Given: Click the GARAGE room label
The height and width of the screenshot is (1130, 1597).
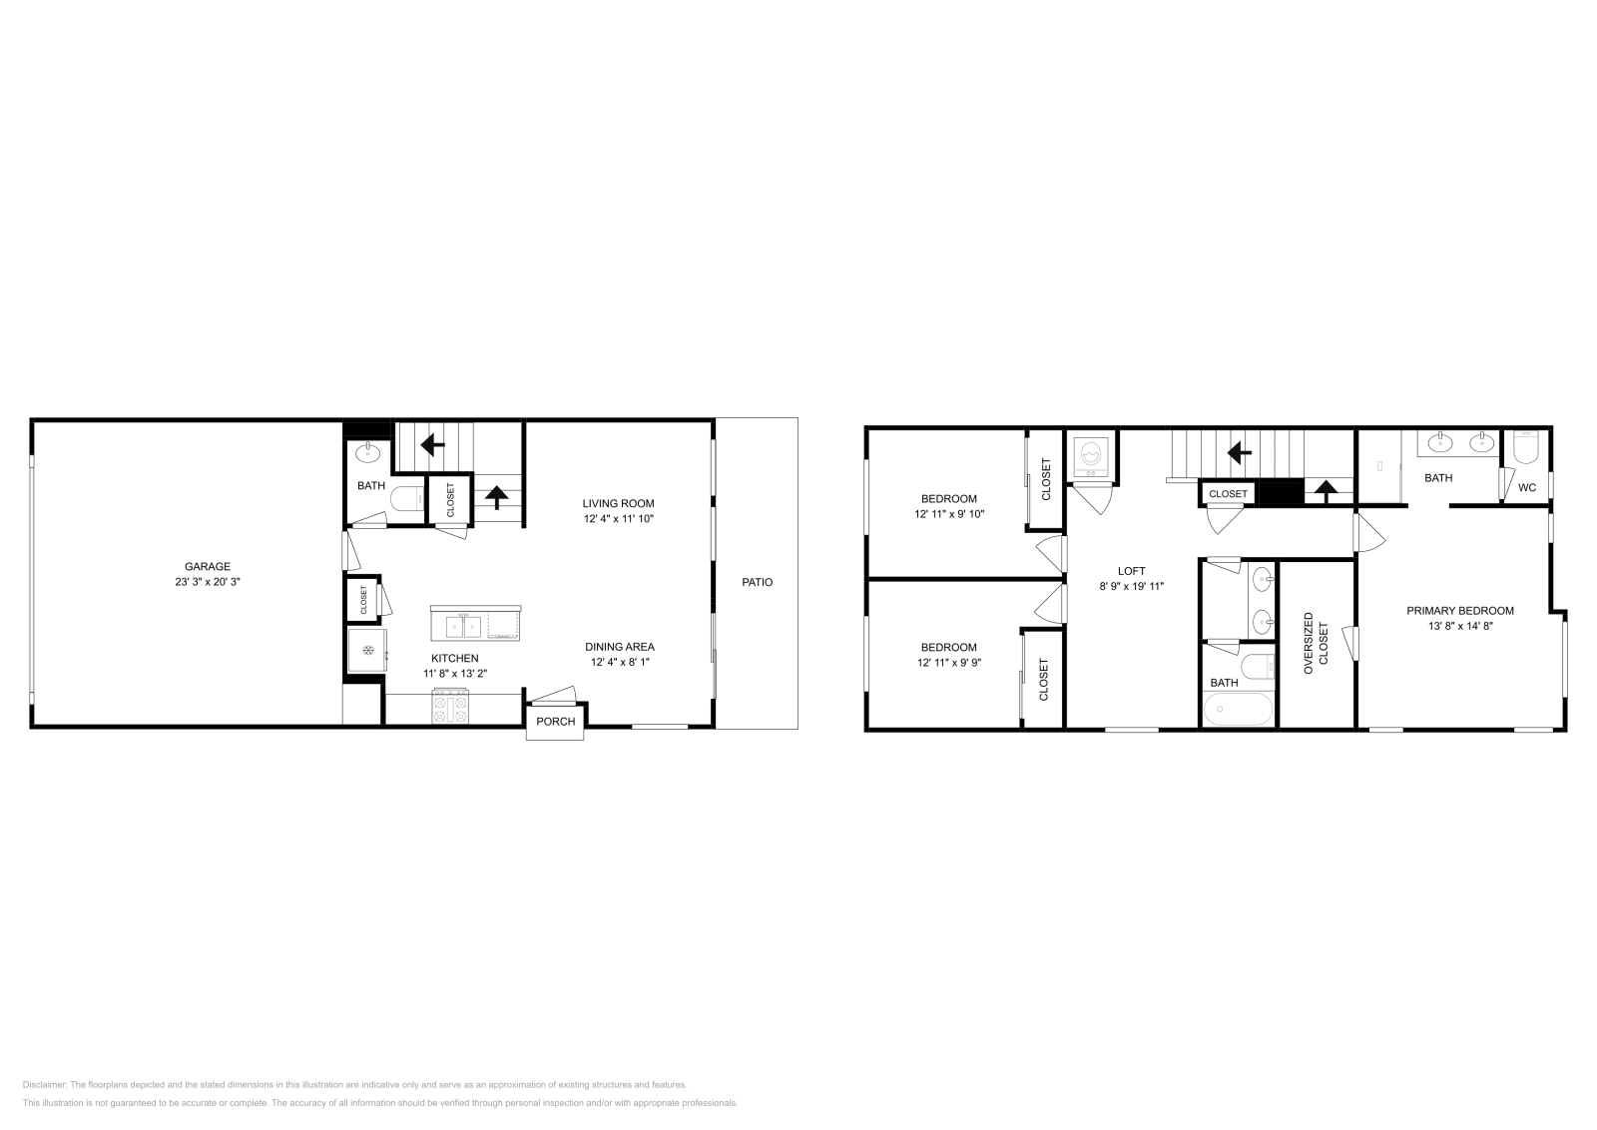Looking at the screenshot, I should pyautogui.click(x=207, y=566).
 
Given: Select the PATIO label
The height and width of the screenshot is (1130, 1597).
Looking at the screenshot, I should pyautogui.click(x=757, y=582).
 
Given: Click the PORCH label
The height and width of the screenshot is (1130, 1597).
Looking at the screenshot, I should pyautogui.click(x=556, y=722).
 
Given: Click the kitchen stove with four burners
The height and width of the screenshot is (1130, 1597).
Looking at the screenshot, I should pyautogui.click(x=449, y=709).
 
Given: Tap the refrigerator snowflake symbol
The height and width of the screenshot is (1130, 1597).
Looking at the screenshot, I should pyautogui.click(x=367, y=651).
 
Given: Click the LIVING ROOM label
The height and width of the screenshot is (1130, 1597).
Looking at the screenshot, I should pyautogui.click(x=619, y=503).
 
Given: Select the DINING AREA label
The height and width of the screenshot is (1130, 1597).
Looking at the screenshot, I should pyautogui.click(x=619, y=647).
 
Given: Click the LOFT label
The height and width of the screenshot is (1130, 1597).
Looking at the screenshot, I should pyautogui.click(x=1131, y=572).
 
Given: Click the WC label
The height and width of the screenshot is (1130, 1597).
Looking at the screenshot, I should pyautogui.click(x=1527, y=488).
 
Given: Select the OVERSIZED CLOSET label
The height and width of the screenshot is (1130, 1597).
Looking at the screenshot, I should pyautogui.click(x=1317, y=643).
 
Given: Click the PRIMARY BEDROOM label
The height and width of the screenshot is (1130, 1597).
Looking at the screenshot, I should pyautogui.click(x=1460, y=611).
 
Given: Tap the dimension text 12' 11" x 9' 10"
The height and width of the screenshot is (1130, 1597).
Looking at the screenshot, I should pyautogui.click(x=949, y=514).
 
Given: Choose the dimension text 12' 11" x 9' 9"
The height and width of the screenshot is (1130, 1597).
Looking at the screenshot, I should pyautogui.click(x=949, y=662).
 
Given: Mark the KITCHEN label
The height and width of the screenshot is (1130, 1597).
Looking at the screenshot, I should pyautogui.click(x=454, y=658).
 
